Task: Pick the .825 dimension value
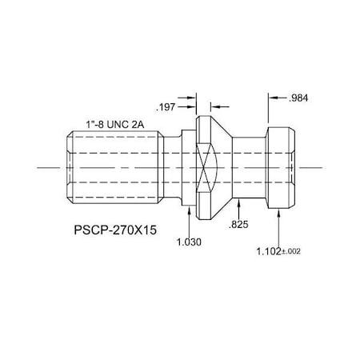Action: (x=238, y=226)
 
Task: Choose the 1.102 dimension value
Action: (x=270, y=251)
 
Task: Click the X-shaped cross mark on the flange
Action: (x=203, y=167)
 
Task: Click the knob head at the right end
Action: (x=280, y=167)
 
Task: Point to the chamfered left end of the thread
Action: (x=66, y=167)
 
